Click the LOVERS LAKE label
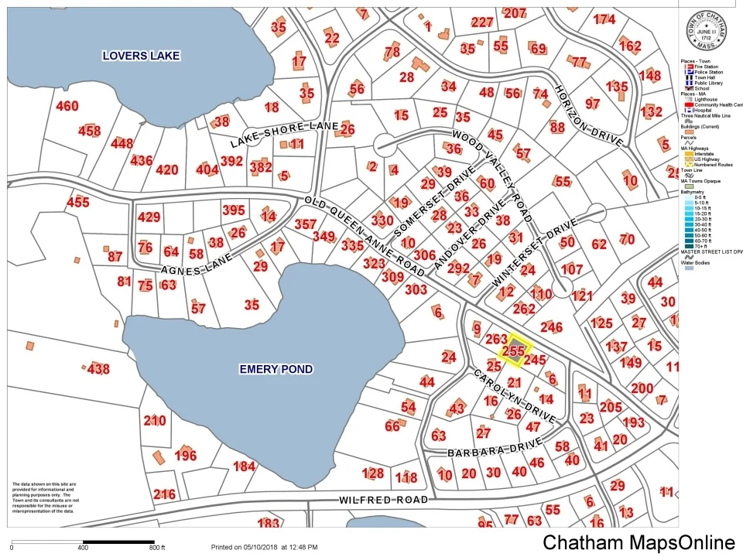pos(142,56)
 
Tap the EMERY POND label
pos(276,370)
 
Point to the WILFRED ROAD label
pos(383,501)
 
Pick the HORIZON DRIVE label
pos(588,115)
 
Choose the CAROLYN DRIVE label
pos(515,395)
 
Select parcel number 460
pos(67,106)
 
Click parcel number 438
pos(98,369)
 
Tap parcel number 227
pos(481,22)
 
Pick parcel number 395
pos(233,210)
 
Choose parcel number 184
pos(244,466)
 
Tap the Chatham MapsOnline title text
pos(638,542)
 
